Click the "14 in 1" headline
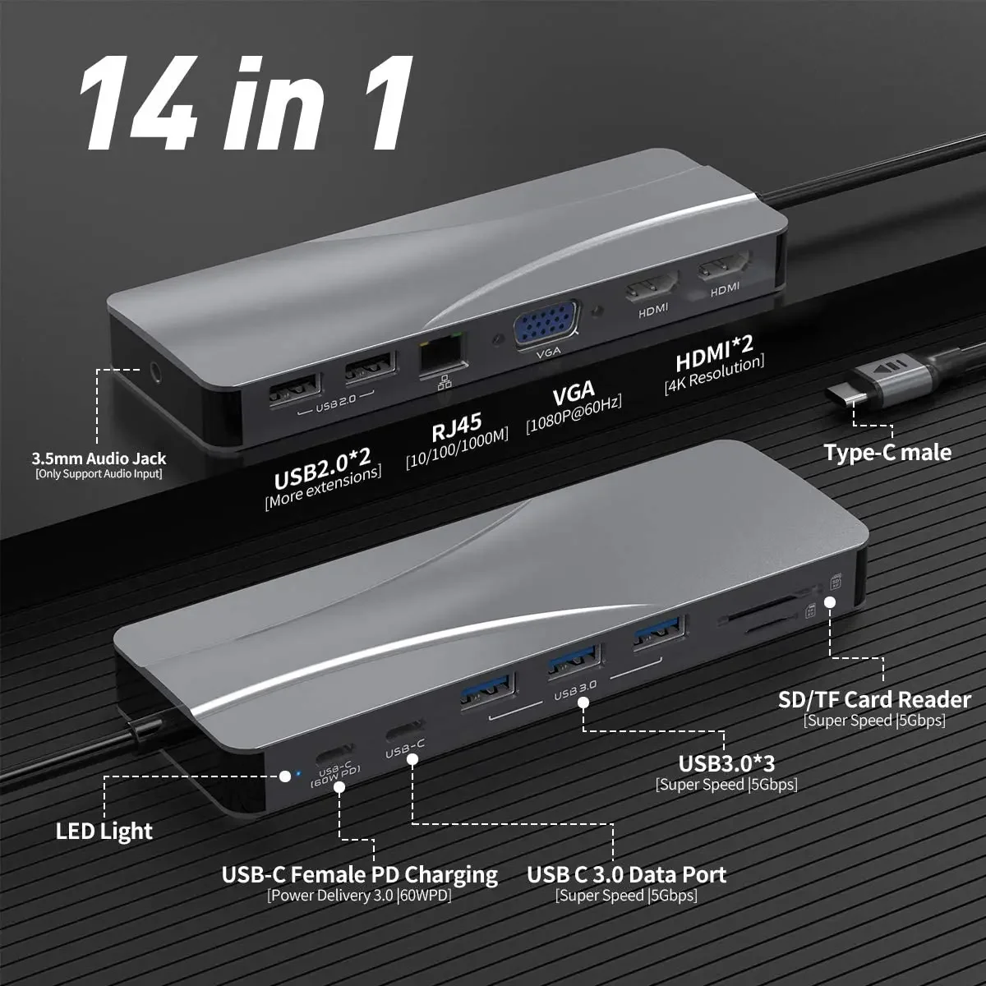(246, 99)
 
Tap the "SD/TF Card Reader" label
(874, 700)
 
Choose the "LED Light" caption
(104, 831)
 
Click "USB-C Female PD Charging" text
(360, 874)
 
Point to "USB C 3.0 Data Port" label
(626, 874)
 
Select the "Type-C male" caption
(887, 453)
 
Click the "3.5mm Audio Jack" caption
(99, 458)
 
